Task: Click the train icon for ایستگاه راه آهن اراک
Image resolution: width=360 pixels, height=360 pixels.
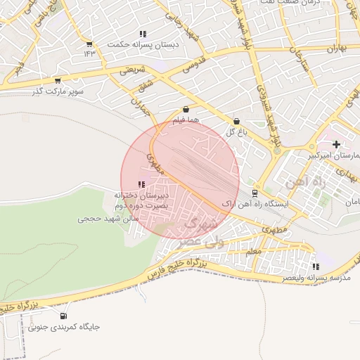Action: click(255, 193)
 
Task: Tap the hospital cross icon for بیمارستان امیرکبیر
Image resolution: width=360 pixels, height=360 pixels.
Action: click(336, 144)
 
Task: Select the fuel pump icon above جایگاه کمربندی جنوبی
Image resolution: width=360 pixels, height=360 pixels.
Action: click(65, 316)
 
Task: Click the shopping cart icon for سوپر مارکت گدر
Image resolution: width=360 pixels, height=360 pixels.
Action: click(57, 80)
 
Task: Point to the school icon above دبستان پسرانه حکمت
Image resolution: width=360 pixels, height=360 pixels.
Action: click(143, 33)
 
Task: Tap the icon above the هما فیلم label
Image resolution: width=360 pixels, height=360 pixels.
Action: click(186, 110)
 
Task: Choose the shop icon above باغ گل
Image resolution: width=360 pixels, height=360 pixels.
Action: click(236, 121)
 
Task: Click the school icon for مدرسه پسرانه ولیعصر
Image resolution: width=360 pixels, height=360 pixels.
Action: click(316, 267)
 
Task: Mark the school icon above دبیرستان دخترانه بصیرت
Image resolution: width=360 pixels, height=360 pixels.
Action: click(142, 184)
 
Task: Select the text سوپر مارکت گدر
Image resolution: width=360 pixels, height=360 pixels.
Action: click(58, 91)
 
